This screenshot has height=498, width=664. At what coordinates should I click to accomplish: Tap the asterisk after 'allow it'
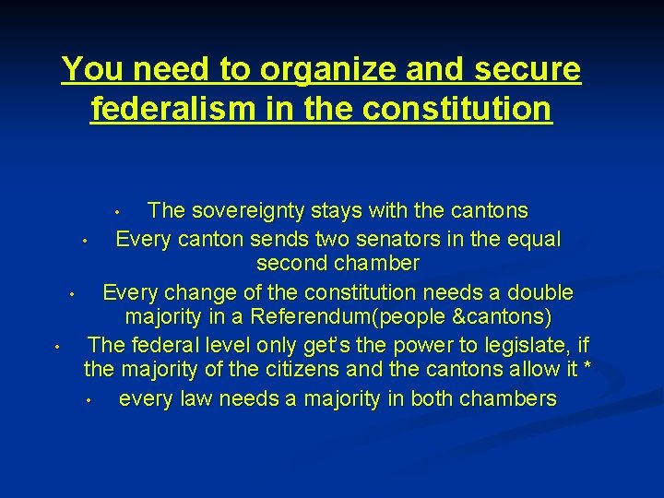(x=587, y=369)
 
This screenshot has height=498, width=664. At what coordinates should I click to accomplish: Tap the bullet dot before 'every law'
(x=85, y=401)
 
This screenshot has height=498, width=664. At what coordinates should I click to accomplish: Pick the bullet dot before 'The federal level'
(x=56, y=348)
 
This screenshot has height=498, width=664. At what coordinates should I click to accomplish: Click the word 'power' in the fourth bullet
(x=400, y=345)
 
